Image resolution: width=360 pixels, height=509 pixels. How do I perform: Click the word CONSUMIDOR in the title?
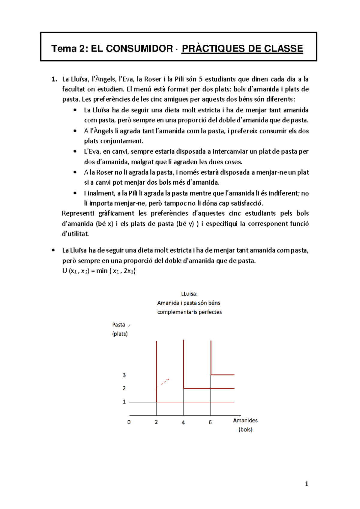(x=132, y=49)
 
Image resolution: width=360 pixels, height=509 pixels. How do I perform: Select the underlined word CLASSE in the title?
(x=283, y=49)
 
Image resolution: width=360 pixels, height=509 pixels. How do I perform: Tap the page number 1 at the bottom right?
(x=306, y=484)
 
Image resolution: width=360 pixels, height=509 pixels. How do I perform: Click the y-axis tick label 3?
(x=124, y=375)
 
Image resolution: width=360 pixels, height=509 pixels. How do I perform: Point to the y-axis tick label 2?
(x=124, y=388)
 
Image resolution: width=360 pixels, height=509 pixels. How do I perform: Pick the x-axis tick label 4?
(x=183, y=422)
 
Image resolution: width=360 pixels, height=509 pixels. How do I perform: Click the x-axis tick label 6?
(x=210, y=422)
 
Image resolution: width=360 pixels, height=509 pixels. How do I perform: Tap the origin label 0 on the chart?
(x=129, y=422)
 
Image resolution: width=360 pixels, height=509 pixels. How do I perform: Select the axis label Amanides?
(x=245, y=420)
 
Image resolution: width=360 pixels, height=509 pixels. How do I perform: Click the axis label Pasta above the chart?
(x=118, y=325)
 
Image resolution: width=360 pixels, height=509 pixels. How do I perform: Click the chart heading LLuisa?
(x=189, y=294)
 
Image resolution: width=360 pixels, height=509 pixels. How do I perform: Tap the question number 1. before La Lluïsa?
(x=54, y=79)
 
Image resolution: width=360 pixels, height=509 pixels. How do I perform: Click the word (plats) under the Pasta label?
(x=120, y=334)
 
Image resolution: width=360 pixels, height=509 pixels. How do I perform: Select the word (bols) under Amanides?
(x=245, y=429)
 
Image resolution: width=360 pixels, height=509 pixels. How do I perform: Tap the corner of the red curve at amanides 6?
(x=211, y=375)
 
